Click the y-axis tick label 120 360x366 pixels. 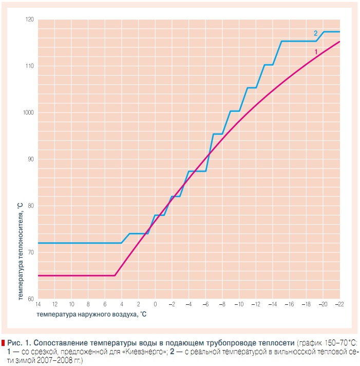pyautogui.click(x=29, y=20)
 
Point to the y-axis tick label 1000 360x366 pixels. pyautogui.click(x=28, y=113)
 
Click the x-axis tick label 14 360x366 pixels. pyautogui.click(x=38, y=304)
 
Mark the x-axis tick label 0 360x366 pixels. pyautogui.click(x=155, y=304)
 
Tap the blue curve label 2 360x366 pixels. pyautogui.click(x=316, y=33)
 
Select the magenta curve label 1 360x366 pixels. pyautogui.click(x=316, y=51)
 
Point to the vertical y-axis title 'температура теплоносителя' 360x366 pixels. pyautogui.click(x=20, y=252)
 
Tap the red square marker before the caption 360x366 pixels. pyautogui.click(x=4, y=342)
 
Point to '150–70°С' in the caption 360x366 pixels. pyautogui.click(x=336, y=342)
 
